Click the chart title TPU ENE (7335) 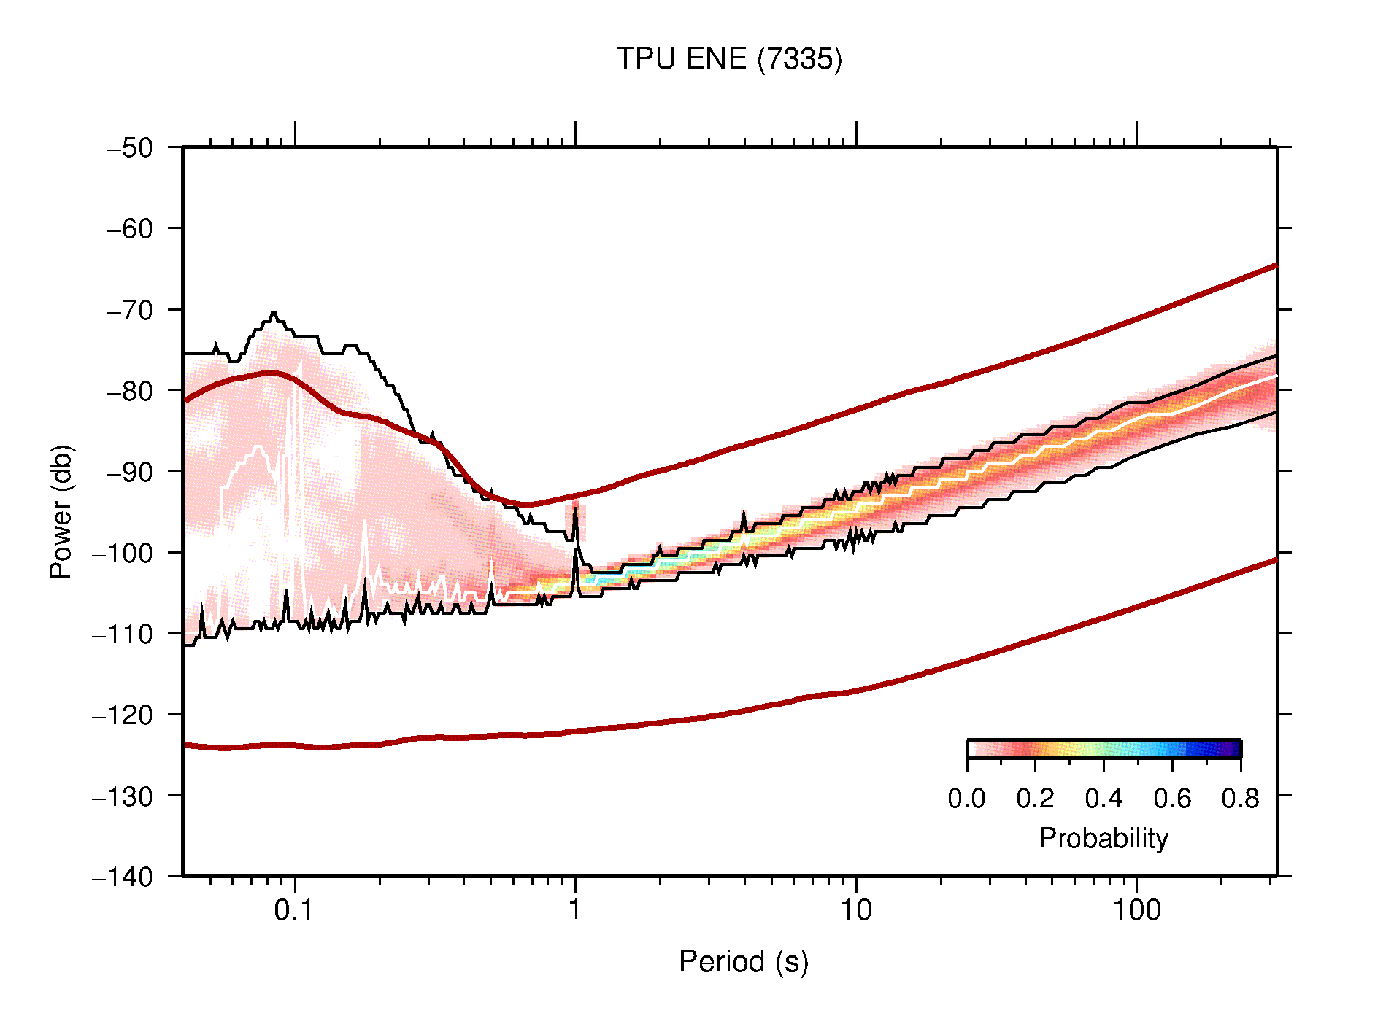(x=728, y=59)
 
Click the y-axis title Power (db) (x=61, y=511)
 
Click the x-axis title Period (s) (x=743, y=962)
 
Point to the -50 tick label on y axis (x=130, y=148)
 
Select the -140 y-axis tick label (x=122, y=877)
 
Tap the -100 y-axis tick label (x=122, y=553)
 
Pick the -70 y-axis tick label (x=130, y=310)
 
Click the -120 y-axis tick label (x=122, y=715)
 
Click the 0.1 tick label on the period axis (x=294, y=910)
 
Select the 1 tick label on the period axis (x=575, y=910)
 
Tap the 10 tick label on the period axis (x=855, y=910)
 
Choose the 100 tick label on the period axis (x=1136, y=910)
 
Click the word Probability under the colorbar (x=1103, y=838)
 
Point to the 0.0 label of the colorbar (x=966, y=799)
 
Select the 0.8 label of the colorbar (x=1240, y=799)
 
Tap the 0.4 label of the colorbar (x=1103, y=799)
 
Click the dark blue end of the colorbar (x=1233, y=749)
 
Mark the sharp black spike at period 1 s (x=575, y=508)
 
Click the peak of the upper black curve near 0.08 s (x=274, y=313)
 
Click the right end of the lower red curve (x=1275, y=560)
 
